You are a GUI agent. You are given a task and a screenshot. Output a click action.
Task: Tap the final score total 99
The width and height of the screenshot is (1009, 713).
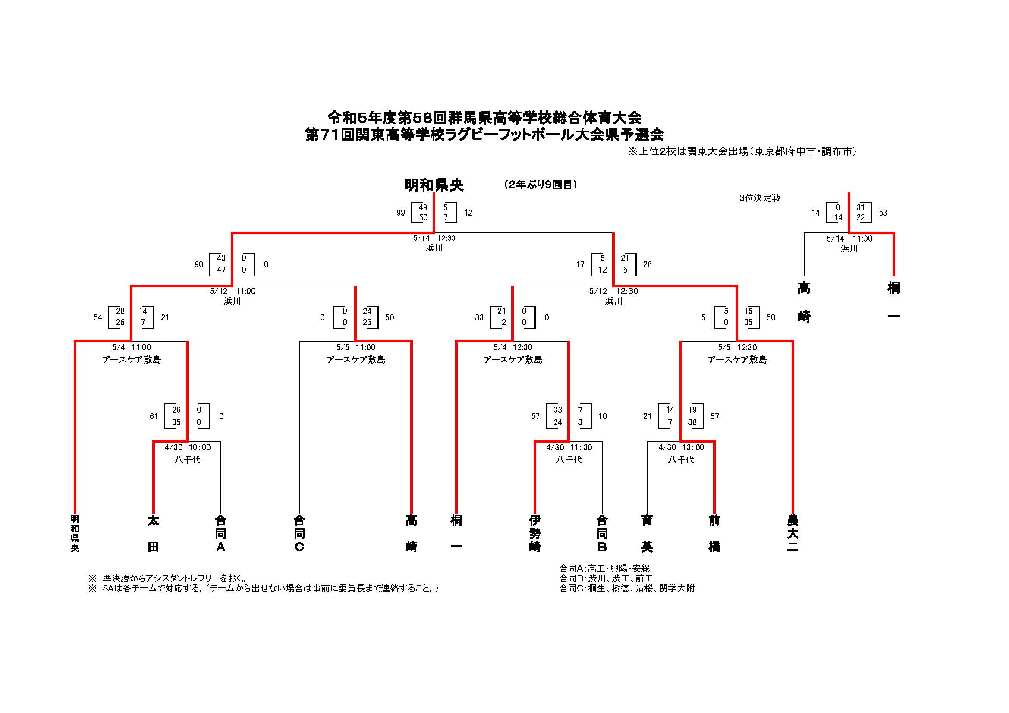tap(400, 213)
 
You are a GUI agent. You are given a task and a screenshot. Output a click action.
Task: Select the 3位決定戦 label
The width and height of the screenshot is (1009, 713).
tap(760, 198)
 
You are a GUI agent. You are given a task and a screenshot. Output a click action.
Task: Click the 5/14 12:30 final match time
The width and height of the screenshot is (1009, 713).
tap(434, 238)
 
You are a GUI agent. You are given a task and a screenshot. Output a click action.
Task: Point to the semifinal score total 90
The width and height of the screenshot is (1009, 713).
tap(199, 264)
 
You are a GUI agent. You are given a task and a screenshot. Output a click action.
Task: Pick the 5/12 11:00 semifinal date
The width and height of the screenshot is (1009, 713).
tap(233, 291)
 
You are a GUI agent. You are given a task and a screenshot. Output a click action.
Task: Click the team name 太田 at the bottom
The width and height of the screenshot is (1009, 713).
tap(153, 533)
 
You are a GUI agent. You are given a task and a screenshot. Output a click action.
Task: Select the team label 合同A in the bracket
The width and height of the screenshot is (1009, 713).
tap(220, 533)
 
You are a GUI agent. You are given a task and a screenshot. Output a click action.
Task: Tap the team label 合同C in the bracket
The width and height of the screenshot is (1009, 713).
tap(299, 533)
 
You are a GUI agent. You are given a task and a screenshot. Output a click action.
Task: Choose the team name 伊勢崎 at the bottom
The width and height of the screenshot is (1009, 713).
tap(534, 533)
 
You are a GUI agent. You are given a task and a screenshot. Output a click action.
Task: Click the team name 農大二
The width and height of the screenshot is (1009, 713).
tap(792, 533)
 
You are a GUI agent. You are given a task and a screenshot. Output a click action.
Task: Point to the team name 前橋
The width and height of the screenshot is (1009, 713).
tap(714, 533)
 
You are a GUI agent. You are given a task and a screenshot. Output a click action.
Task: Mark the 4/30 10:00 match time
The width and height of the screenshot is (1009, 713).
tap(188, 448)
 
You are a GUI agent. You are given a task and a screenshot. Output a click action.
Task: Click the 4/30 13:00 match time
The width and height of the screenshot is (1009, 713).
tap(681, 448)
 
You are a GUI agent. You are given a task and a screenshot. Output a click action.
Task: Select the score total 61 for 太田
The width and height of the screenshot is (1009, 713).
tap(154, 417)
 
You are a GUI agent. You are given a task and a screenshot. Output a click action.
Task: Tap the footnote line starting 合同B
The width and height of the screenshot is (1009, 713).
tap(606, 578)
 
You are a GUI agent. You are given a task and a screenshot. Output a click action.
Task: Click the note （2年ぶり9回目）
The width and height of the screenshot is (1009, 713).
tap(541, 185)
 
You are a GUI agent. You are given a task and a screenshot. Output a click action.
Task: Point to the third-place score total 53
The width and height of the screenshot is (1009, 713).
tap(883, 213)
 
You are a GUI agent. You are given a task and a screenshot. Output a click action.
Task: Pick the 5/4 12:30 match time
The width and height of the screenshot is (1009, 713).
tap(513, 348)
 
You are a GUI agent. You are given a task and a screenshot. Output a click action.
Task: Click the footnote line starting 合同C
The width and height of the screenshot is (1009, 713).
tap(627, 588)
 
